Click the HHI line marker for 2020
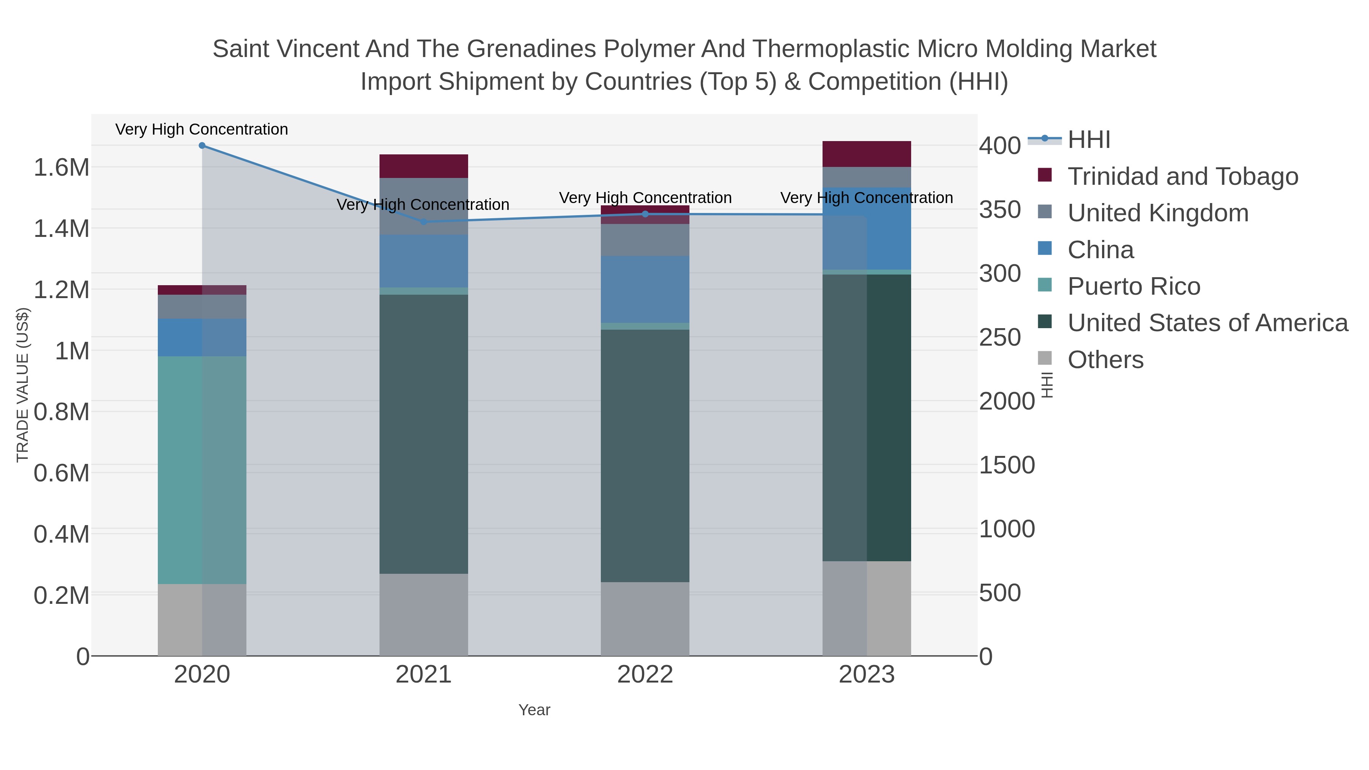(x=202, y=146)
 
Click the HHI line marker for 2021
(x=424, y=222)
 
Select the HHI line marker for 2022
(x=645, y=214)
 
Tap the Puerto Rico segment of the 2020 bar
(x=202, y=470)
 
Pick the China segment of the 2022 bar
(x=645, y=290)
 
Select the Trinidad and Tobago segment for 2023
(x=867, y=154)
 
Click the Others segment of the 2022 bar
(x=645, y=619)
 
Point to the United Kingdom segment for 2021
(x=424, y=206)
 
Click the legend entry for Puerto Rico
(x=1134, y=286)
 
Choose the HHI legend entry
(x=1088, y=140)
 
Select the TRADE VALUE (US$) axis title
(x=22, y=385)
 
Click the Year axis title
(x=534, y=710)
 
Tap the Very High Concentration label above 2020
(x=202, y=130)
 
